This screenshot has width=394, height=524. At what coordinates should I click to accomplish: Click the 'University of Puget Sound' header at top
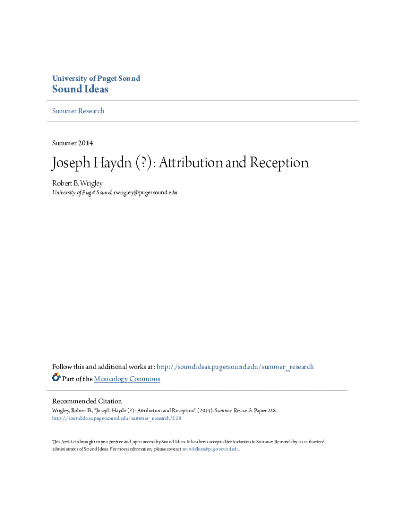coord(96,78)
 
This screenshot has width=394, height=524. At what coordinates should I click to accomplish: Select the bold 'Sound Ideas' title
coord(80,90)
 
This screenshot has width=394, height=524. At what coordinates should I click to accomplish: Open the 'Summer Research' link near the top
coord(78,111)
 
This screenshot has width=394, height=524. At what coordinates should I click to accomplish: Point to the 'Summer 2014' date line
coord(73,143)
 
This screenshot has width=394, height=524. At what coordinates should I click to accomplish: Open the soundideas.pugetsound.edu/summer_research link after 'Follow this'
coord(235,367)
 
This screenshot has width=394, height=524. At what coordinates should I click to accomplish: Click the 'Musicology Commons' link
coord(127,379)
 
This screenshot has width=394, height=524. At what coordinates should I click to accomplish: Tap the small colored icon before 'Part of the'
coord(56,378)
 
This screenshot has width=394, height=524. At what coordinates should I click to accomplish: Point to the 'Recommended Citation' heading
coord(87,401)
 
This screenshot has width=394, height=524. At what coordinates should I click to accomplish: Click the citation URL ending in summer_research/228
coord(117,418)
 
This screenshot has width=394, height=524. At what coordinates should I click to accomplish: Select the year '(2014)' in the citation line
coord(204,410)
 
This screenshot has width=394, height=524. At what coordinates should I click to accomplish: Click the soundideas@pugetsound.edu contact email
coord(210,449)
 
